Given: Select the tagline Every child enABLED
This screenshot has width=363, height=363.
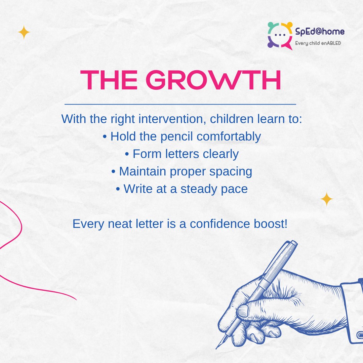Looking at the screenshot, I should pyautogui.click(x=318, y=43).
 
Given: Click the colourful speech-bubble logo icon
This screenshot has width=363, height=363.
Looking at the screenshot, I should pyautogui.click(x=280, y=35).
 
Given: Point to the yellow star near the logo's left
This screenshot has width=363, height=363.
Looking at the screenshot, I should pyautogui.click(x=24, y=33).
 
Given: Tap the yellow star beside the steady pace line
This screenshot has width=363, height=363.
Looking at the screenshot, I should pyautogui.click(x=326, y=200).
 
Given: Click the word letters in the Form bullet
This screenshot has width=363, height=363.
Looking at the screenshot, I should pyautogui.click(x=180, y=154).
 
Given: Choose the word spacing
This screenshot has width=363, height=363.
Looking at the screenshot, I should pyautogui.click(x=231, y=171).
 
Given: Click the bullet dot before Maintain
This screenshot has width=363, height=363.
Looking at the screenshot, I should pyautogui.click(x=113, y=172).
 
